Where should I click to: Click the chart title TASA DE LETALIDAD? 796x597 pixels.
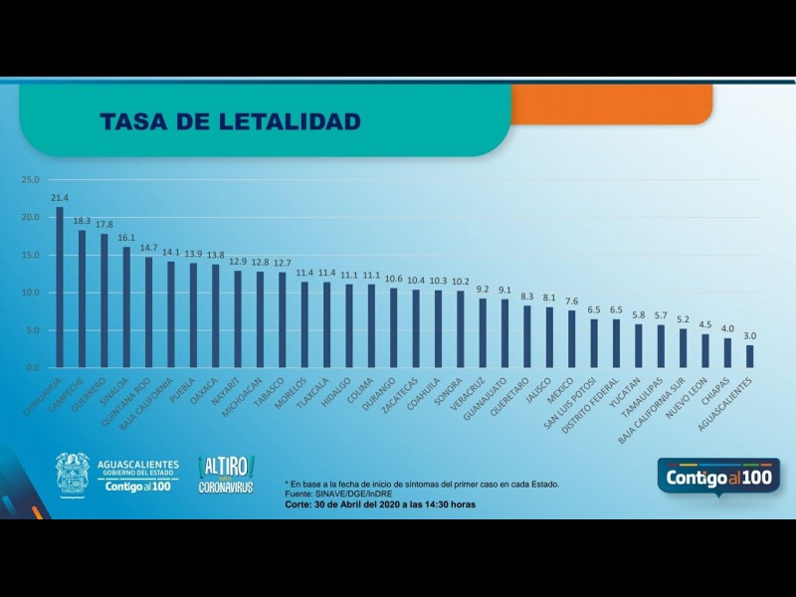pyautogui.click(x=230, y=121)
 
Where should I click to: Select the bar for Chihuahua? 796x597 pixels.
pyautogui.click(x=60, y=288)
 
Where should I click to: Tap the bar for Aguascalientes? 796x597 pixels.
pyautogui.click(x=749, y=356)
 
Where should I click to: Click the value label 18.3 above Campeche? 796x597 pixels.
pyautogui.click(x=82, y=220)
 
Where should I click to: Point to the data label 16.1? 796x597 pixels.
pyautogui.click(x=126, y=238)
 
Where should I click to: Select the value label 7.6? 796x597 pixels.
pyautogui.click(x=572, y=300)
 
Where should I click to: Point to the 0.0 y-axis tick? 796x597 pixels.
pyautogui.click(x=32, y=368)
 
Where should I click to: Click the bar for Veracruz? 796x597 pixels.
pyautogui.click(x=483, y=333)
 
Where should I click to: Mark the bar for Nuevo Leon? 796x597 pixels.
pyautogui.click(x=705, y=350)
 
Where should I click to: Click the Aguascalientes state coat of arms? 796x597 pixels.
pyautogui.click(x=72, y=474)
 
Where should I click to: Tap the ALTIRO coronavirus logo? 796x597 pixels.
pyautogui.click(x=226, y=475)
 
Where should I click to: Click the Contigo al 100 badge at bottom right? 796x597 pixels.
pyautogui.click(x=718, y=479)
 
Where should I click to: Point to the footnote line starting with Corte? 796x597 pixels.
pyautogui.click(x=379, y=504)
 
